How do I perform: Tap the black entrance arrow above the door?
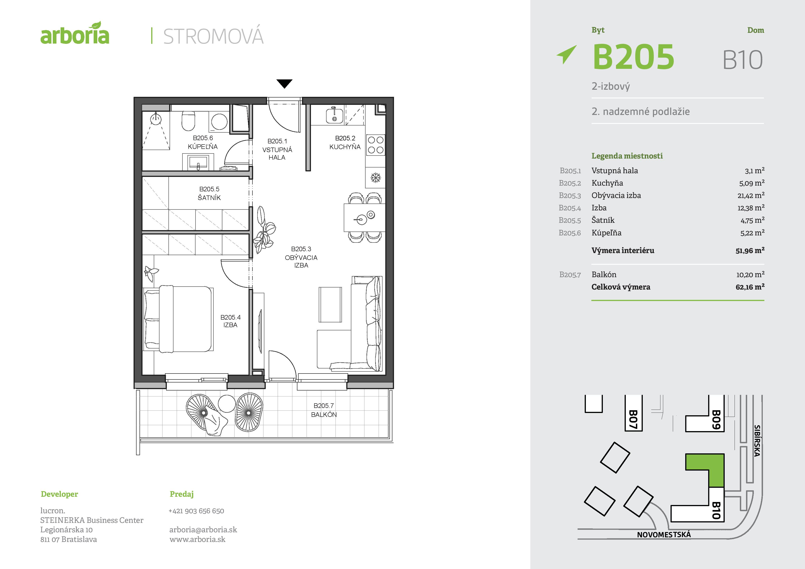click(x=284, y=84)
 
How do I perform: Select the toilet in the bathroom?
click(x=188, y=121)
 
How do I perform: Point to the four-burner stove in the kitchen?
click(x=375, y=145)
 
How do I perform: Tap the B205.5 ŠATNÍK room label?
click(x=209, y=193)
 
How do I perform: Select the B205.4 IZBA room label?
click(x=230, y=321)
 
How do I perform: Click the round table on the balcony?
click(x=226, y=404)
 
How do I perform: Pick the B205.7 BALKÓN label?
click(x=324, y=410)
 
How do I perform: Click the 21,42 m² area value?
click(x=751, y=195)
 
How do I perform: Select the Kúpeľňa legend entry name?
click(x=606, y=232)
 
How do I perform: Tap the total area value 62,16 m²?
click(x=750, y=287)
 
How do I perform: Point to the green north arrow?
click(x=566, y=54)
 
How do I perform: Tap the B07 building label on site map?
click(x=633, y=419)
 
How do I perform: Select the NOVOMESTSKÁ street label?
click(x=664, y=535)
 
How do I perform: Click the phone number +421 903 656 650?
click(x=196, y=511)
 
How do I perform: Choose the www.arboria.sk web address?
click(x=197, y=539)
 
